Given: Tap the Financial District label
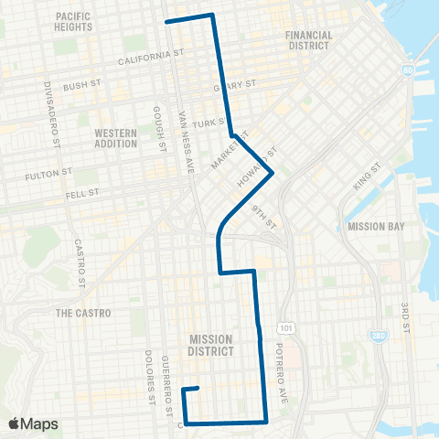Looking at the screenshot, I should tap(309, 40).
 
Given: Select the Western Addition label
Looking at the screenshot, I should tap(116, 138).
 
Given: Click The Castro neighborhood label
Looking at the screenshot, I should tap(83, 313).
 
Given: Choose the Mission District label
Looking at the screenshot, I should tap(211, 345).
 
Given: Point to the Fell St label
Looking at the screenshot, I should tap(82, 194).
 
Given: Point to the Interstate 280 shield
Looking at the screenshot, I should tap(378, 336).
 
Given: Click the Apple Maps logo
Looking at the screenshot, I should tap(33, 423).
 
